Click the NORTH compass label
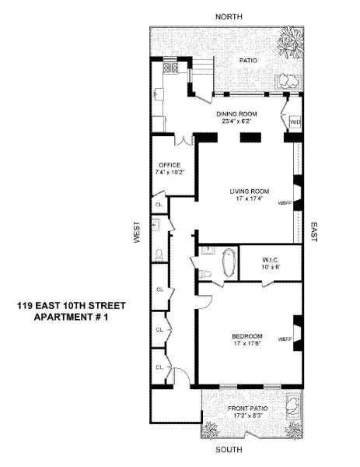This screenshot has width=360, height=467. pos(229,16)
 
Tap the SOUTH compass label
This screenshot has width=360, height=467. pos(229,450)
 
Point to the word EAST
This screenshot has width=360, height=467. pos(315,233)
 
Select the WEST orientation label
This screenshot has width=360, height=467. pos(137,232)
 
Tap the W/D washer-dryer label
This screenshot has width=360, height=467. pos(295,123)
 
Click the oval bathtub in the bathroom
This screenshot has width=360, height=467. pos(229,263)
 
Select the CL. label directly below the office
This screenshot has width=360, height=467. pos(159,205)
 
